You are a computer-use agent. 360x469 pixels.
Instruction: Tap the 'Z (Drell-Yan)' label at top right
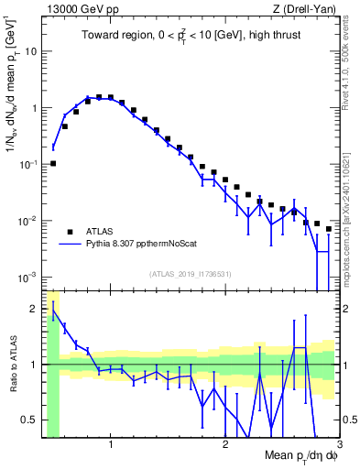305,9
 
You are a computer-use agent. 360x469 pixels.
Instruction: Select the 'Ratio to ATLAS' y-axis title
12,365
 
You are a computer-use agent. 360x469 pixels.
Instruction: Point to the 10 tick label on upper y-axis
29,51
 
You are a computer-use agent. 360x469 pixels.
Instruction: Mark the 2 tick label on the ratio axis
34,309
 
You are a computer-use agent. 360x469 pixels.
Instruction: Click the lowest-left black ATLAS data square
53,163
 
